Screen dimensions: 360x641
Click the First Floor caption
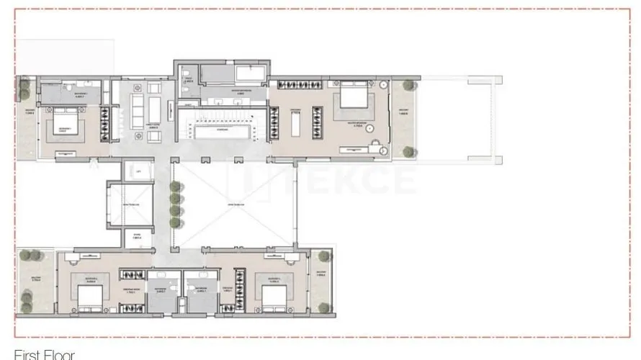[x=44, y=354]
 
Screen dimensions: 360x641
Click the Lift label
[x=137, y=173]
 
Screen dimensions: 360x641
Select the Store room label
[x=137, y=237]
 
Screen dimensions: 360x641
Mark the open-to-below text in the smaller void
[x=130, y=205]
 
